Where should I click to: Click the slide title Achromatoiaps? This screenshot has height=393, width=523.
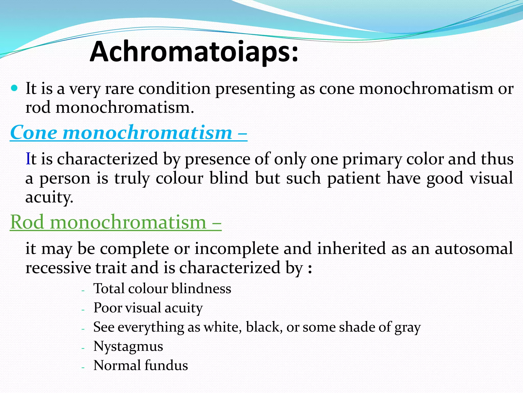coord(194,52)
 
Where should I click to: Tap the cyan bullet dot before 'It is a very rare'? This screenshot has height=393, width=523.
coord(15,88)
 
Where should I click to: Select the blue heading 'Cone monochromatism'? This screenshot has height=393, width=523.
coord(121,133)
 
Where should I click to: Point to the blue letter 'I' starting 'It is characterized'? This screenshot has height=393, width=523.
coord(28,159)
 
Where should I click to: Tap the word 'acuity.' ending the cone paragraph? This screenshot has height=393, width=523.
coord(49,198)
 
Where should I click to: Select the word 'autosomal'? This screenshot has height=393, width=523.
coord(474,248)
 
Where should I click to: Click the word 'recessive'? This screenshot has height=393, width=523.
coord(58,268)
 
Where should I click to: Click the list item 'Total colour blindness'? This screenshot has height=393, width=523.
coord(162,289)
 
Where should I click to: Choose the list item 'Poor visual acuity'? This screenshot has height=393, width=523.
coord(148,308)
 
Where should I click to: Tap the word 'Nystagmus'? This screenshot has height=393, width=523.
coord(128,346)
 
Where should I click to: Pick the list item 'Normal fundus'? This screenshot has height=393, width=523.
coord(140,365)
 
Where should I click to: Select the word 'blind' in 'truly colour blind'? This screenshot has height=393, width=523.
coord(229,178)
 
